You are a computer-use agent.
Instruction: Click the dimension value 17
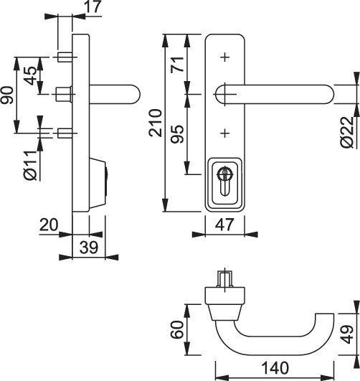coord(93,6)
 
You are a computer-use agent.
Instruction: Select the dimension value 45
coord(31,75)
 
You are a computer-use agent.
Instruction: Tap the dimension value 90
coord(6,95)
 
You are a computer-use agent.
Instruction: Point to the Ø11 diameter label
coord(30,166)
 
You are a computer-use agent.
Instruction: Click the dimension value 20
coord(49,225)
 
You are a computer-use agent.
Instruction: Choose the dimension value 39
coord(89,248)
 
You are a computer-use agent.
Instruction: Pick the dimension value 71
coord(177,64)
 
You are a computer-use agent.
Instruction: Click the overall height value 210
coord(155,123)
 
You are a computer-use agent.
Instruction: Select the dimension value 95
coord(177,134)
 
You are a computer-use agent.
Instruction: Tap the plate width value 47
coord(224,225)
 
